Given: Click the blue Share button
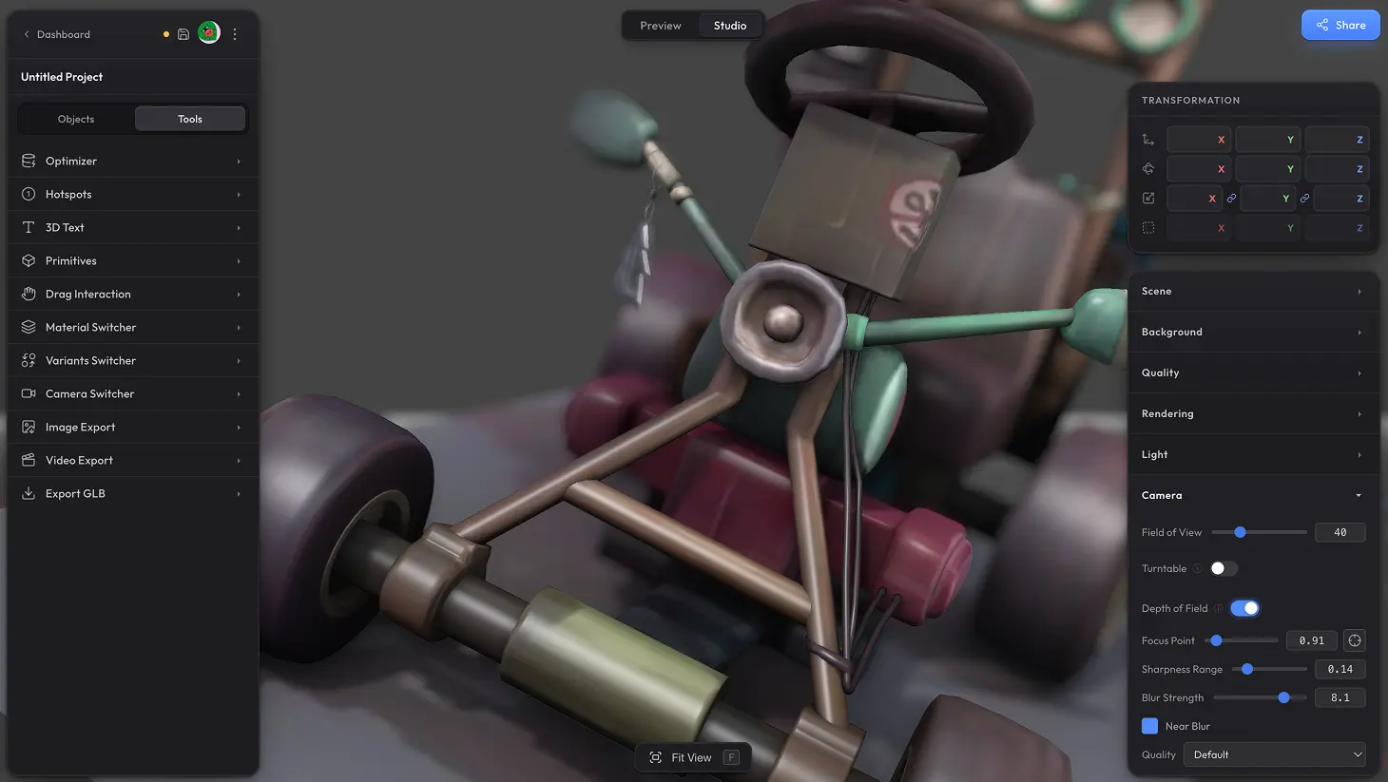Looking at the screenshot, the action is pyautogui.click(x=1340, y=26).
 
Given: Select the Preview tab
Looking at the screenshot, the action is pyautogui.click(x=661, y=26).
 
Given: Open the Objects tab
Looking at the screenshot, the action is pyautogui.click(x=76, y=119).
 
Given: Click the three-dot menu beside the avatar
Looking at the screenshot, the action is pyautogui.click(x=235, y=34).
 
